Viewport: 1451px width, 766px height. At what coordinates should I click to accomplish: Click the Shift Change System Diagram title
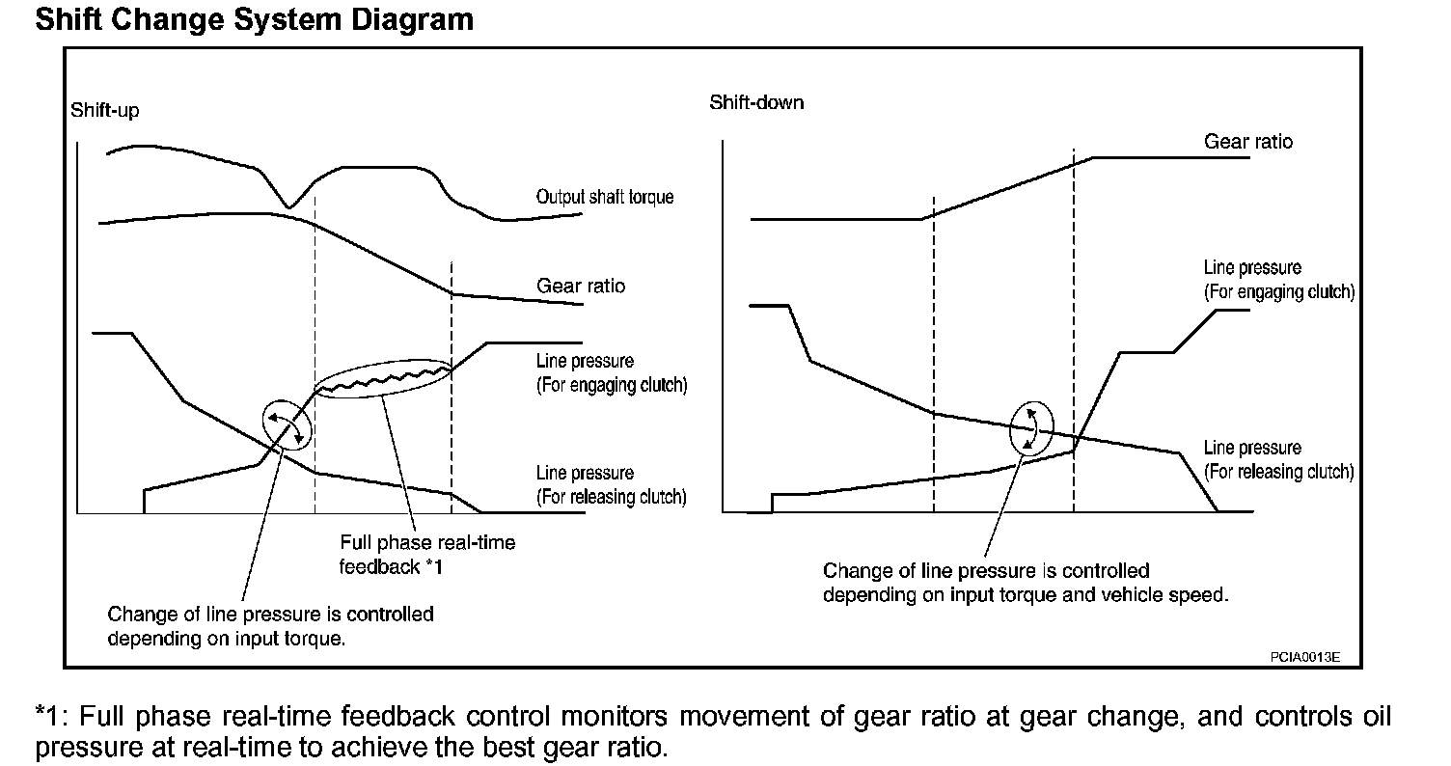tap(254, 19)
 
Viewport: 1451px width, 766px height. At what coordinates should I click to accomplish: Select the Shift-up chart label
tap(104, 111)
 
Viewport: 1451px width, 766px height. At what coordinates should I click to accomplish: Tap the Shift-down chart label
tap(756, 102)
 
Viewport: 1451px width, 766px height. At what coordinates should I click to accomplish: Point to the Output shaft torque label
tap(605, 197)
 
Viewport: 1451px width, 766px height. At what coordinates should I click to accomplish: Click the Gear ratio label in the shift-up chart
tap(580, 287)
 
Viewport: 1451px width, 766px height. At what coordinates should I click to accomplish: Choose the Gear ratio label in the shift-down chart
tap(1247, 142)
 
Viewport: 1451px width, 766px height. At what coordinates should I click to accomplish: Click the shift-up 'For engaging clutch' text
tap(612, 386)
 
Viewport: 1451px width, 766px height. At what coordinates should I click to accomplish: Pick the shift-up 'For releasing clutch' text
tap(612, 498)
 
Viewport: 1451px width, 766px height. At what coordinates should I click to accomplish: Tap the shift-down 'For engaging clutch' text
tap(1278, 291)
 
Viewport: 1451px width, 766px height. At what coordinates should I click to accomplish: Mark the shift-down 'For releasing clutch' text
tap(1278, 473)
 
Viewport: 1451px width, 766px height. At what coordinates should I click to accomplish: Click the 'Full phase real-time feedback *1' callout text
tap(426, 555)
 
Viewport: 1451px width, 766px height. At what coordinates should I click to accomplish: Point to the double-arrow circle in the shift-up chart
tap(287, 424)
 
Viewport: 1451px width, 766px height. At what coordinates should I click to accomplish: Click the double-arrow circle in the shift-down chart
tap(1031, 427)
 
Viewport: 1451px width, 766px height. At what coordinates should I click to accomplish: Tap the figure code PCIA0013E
tap(1304, 658)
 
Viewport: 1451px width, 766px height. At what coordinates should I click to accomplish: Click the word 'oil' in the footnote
tap(1374, 718)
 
